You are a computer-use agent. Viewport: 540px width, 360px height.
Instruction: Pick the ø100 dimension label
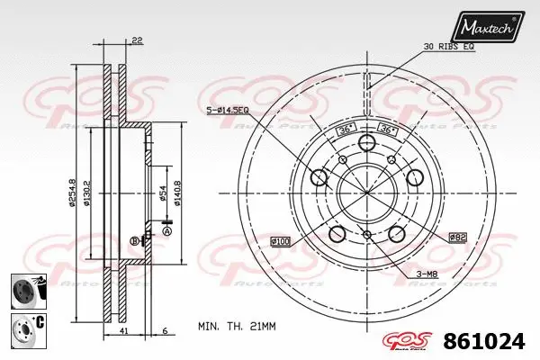click(281, 240)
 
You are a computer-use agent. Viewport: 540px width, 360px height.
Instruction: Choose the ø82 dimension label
click(457, 236)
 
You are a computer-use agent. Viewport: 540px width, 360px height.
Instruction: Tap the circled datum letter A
click(166, 230)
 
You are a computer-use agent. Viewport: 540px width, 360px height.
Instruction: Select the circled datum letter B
click(134, 241)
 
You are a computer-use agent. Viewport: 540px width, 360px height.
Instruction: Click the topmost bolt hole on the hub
click(366, 144)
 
